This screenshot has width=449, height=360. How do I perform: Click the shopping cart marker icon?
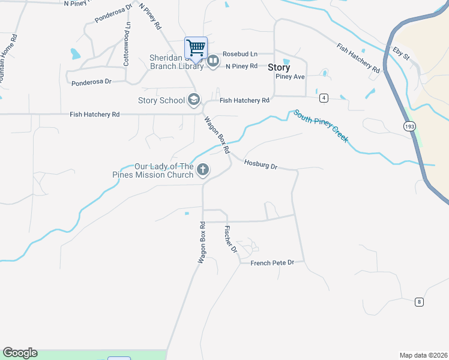click(x=196, y=48)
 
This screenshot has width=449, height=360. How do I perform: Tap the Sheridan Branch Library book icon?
click(x=213, y=61)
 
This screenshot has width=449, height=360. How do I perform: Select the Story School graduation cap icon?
click(x=194, y=100)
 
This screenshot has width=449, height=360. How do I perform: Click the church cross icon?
click(x=203, y=170)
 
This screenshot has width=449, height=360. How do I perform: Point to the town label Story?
click(x=279, y=68)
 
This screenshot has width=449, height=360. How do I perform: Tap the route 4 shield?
click(x=324, y=97)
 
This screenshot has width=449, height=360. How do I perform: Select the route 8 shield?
click(x=419, y=302)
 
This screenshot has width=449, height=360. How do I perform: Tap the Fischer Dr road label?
click(x=231, y=239)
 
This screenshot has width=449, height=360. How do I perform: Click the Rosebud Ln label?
click(x=240, y=54)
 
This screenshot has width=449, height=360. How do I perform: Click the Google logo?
click(x=20, y=353)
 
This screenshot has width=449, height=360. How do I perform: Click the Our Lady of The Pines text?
click(x=164, y=167)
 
